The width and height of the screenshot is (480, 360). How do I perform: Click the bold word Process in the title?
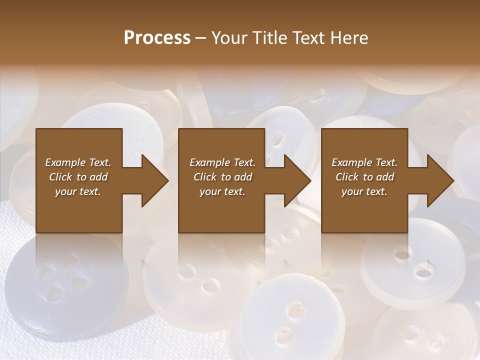coord(157,38)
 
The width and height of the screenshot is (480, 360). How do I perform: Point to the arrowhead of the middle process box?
coord(297,181)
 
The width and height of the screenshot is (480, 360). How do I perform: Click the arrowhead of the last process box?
coord(440,181)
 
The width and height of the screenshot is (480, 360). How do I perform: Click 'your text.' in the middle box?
coord(222,191)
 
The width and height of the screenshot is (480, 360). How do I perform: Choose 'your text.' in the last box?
coord(364,191)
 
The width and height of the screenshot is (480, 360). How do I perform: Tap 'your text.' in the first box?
coord(77,191)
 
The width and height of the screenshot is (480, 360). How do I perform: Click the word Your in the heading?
coord(228,38)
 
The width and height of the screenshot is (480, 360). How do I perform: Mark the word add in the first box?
coord(99,177)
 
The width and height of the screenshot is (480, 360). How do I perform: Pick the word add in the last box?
coord(385,177)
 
